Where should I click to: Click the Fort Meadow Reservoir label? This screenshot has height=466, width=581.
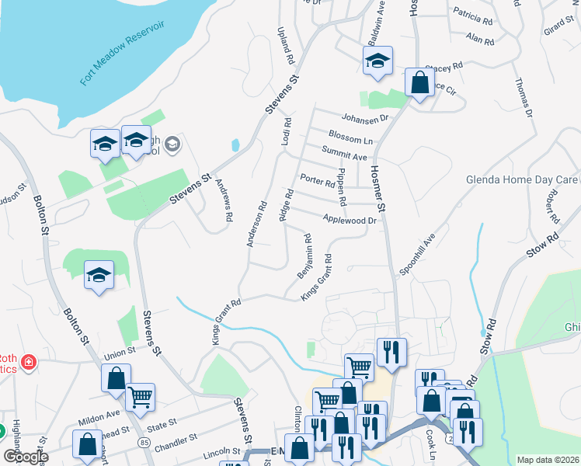[123, 54]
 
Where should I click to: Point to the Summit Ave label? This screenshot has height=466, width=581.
[345, 156]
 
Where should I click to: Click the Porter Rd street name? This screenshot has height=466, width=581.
[316, 179]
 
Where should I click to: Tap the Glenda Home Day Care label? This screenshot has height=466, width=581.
[522, 179]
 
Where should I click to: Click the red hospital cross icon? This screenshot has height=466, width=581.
[29, 362]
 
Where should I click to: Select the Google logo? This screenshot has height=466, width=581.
[25, 456]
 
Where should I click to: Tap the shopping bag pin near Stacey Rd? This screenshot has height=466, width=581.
[419, 83]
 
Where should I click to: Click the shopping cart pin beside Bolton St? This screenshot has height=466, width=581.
[141, 397]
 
